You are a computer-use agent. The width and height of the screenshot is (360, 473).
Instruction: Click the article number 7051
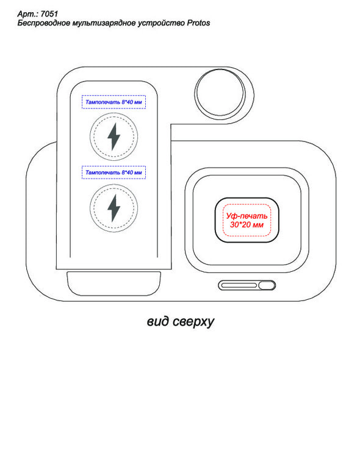click(x=49, y=14)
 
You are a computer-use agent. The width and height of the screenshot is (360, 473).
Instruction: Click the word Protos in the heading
click(x=198, y=23)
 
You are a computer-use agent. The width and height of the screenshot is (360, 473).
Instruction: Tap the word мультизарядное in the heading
click(x=104, y=23)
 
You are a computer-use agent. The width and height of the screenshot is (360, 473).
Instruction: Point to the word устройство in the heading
click(x=161, y=23)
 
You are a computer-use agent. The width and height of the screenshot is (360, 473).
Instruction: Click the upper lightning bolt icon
click(x=114, y=137)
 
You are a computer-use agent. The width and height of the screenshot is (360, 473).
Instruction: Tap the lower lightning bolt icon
click(x=114, y=208)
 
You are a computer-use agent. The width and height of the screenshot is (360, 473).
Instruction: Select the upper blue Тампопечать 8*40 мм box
click(x=114, y=102)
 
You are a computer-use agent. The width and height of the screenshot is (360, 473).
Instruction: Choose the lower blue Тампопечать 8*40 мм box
click(x=114, y=172)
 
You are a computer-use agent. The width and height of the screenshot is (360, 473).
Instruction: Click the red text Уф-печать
click(x=247, y=216)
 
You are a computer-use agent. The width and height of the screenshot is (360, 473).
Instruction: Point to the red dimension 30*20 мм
click(x=247, y=225)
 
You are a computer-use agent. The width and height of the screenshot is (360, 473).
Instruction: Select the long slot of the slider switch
click(x=239, y=285)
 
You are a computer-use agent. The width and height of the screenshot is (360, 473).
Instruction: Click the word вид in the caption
click(x=159, y=321)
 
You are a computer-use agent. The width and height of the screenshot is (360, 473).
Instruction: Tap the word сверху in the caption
click(x=193, y=322)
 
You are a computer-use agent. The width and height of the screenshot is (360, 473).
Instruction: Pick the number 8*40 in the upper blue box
click(x=127, y=102)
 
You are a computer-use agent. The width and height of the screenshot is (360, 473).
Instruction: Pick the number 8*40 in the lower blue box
click(x=127, y=173)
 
